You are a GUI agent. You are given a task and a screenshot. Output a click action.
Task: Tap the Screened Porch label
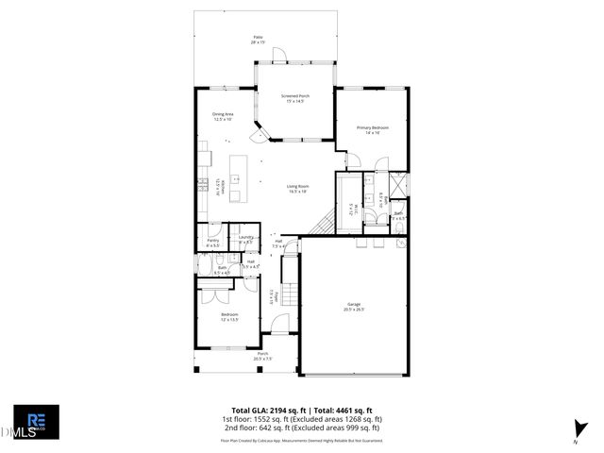[295, 98]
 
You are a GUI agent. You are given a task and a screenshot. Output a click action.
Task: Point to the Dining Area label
[223, 116]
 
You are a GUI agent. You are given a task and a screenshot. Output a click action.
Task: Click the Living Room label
[298, 188]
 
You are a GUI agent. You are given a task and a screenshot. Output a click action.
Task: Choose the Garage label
[354, 306]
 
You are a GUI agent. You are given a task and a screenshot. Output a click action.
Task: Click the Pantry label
[213, 243]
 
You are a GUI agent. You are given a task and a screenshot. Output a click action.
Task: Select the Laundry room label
[245, 240]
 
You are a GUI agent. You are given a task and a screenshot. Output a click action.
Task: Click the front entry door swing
[279, 324]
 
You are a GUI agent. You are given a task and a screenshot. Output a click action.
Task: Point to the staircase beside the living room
[323, 223]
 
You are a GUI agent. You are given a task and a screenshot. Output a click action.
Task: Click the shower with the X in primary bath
[398, 183]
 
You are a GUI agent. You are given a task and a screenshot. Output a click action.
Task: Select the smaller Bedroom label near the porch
[229, 316]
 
